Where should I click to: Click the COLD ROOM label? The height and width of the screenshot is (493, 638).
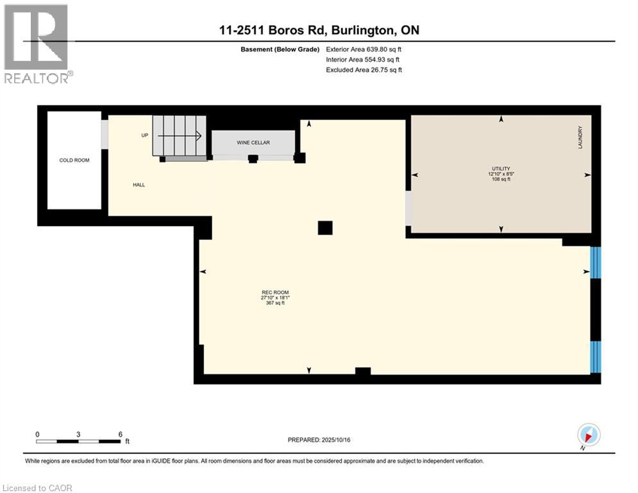pyautogui.click(x=74, y=160)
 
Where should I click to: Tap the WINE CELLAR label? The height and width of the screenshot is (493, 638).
pyautogui.click(x=253, y=143)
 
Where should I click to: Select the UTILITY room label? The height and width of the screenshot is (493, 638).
pyautogui.click(x=501, y=168)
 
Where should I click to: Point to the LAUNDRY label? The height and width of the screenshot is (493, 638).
pyautogui.click(x=580, y=137)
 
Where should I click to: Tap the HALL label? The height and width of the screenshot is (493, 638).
pyautogui.click(x=139, y=185)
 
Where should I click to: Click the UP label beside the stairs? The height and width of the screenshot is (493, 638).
pyautogui.click(x=145, y=135)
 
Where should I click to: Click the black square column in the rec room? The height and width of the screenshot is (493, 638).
pyautogui.click(x=326, y=228)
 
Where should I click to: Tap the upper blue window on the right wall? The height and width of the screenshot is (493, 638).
pyautogui.click(x=596, y=261)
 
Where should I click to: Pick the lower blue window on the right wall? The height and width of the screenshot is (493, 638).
pyautogui.click(x=596, y=356)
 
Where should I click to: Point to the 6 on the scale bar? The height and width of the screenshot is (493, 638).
pyautogui.click(x=121, y=435)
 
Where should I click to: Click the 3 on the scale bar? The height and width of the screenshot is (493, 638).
pyautogui.click(x=78, y=435)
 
